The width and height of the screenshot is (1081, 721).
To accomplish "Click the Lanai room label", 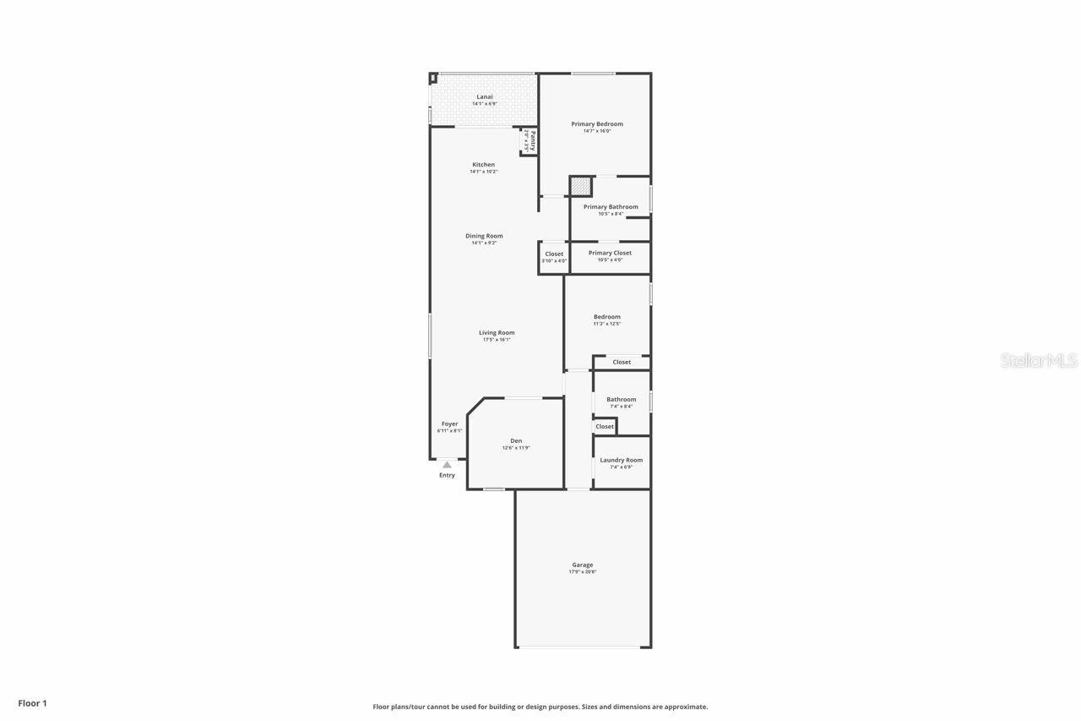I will pyautogui.click(x=485, y=96).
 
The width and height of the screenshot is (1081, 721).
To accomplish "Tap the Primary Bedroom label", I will pyautogui.click(x=597, y=124).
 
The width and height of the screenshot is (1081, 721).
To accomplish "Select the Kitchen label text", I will pyautogui.click(x=484, y=165).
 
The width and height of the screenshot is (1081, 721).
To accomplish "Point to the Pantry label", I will pyautogui.click(x=533, y=140).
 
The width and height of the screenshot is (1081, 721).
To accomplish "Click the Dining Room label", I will pyautogui.click(x=484, y=236).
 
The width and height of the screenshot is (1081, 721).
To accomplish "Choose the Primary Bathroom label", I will pyautogui.click(x=611, y=207).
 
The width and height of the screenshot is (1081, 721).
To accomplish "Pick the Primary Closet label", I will pyautogui.click(x=610, y=253).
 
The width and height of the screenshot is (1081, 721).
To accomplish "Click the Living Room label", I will pyautogui.click(x=497, y=333).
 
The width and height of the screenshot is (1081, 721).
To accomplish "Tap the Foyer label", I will pyautogui.click(x=449, y=424).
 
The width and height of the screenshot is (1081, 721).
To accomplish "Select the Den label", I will pyautogui.click(x=516, y=441).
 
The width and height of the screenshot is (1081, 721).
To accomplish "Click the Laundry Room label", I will pyautogui.click(x=622, y=461).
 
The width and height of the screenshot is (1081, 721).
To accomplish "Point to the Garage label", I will pyautogui.click(x=583, y=565).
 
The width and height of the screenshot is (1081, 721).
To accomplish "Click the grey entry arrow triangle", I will pyautogui.click(x=447, y=465).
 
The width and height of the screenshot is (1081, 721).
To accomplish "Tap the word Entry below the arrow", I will pyautogui.click(x=447, y=475).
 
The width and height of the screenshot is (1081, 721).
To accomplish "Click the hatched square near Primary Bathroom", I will pyautogui.click(x=580, y=186).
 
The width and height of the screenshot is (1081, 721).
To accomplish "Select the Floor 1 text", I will pyautogui.click(x=33, y=703).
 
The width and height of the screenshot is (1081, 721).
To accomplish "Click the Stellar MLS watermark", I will pyautogui.click(x=1039, y=361).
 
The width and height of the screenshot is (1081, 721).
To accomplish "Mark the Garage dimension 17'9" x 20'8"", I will pyautogui.click(x=583, y=572).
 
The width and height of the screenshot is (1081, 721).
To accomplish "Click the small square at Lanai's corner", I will pyautogui.click(x=433, y=78).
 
